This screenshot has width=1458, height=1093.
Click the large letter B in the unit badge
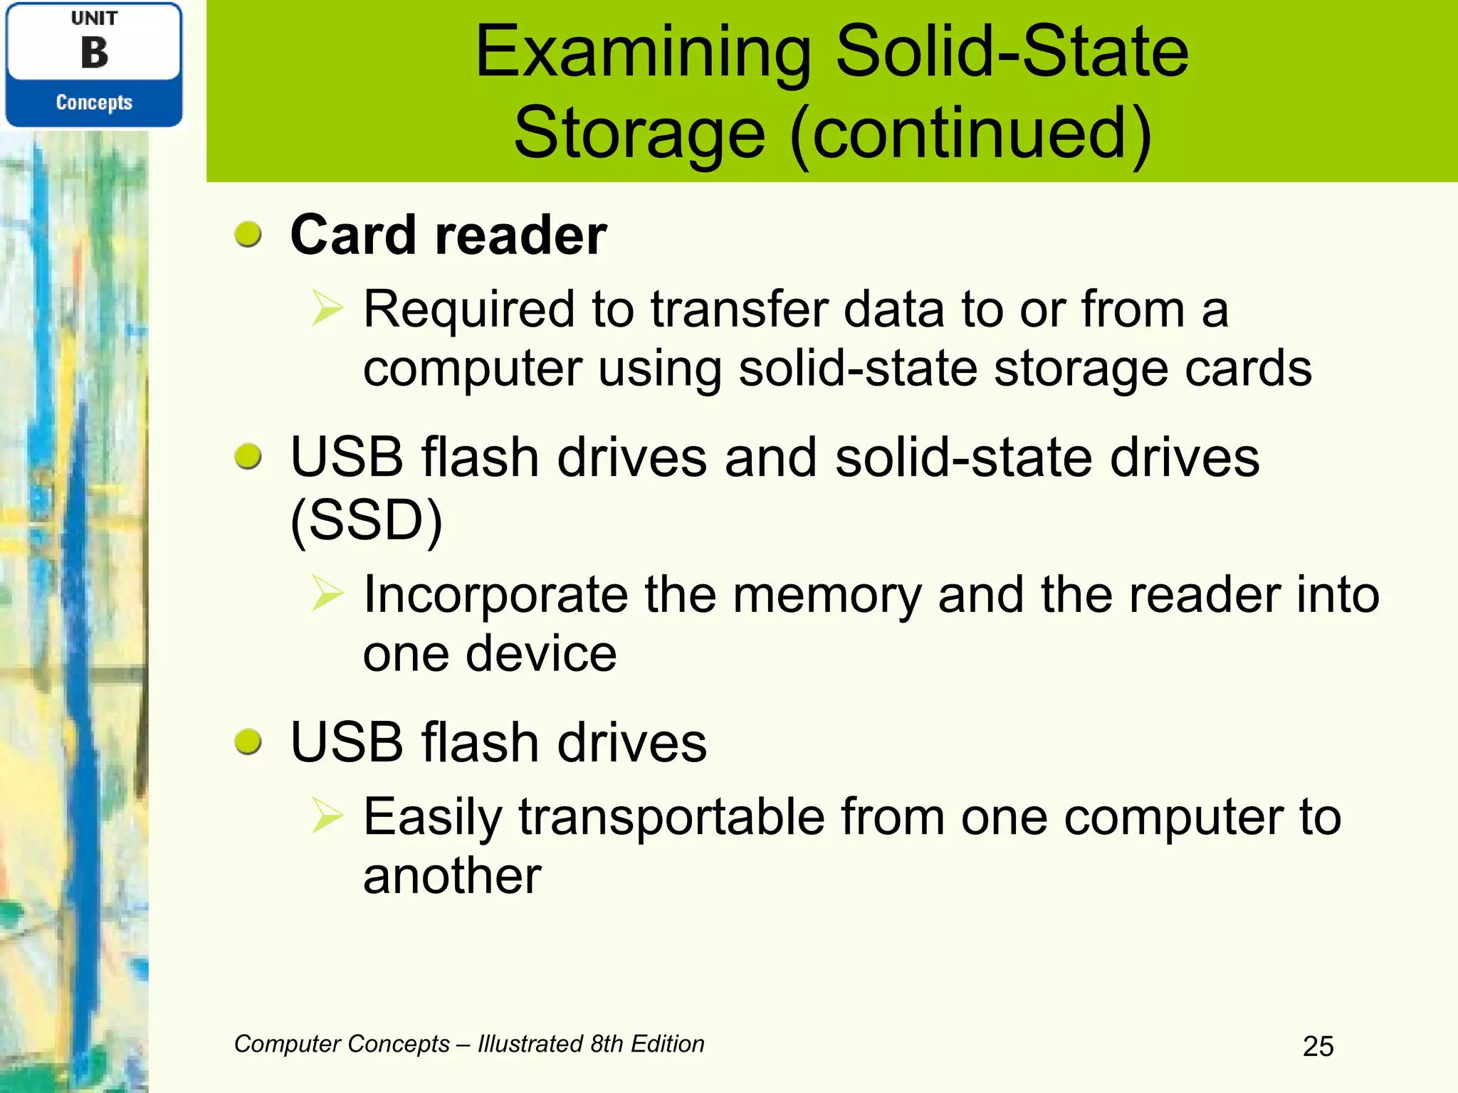click(x=94, y=53)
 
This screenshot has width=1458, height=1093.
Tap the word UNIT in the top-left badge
click(x=94, y=18)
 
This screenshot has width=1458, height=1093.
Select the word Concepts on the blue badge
click(x=94, y=102)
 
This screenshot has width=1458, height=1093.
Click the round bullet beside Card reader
click(x=248, y=234)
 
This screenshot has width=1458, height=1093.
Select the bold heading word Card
click(x=354, y=235)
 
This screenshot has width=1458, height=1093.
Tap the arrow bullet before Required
click(x=327, y=309)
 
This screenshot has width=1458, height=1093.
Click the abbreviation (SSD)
click(x=367, y=519)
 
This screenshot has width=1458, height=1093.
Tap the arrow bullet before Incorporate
click(x=327, y=593)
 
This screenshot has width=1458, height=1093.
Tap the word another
click(x=452, y=875)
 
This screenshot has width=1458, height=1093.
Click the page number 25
click(x=1318, y=1046)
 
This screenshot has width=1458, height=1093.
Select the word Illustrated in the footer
click(x=530, y=1044)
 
